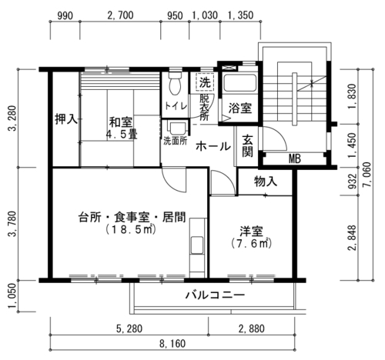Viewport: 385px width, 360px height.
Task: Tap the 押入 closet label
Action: click(66, 119)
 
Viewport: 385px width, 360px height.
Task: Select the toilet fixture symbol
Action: click(176, 82)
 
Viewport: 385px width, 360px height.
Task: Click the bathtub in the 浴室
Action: click(239, 82)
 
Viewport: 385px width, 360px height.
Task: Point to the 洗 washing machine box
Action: click(205, 82)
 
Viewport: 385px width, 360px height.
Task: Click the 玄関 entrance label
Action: click(247, 145)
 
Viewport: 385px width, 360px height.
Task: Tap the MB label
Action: click(294, 159)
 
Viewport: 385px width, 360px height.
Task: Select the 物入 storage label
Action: click(266, 182)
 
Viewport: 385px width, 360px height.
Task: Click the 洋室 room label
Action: click(251, 232)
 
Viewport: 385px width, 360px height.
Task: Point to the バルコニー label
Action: click(215, 295)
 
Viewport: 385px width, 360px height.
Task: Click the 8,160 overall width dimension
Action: click(172, 344)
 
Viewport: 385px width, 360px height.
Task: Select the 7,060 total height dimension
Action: click(367, 175)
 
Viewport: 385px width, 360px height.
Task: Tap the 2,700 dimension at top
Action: click(121, 15)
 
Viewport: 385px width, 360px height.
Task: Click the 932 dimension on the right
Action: click(353, 182)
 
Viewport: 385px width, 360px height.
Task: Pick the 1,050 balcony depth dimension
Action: click(12, 297)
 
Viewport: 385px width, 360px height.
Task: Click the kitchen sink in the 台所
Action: click(197, 245)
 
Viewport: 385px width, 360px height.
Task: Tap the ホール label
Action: click(213, 147)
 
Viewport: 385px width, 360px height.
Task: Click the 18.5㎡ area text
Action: click(131, 230)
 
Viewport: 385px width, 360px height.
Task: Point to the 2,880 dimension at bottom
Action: click(252, 328)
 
